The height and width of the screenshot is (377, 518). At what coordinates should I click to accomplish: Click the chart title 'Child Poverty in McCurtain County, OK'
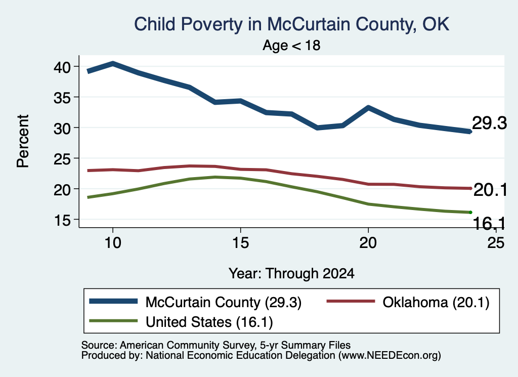pos(291,24)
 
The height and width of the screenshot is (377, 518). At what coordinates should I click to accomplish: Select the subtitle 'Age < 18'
pos(291,45)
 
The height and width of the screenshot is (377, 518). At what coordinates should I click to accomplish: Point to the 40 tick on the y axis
pos(62,67)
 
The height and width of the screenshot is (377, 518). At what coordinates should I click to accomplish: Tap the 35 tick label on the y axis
pos(62,98)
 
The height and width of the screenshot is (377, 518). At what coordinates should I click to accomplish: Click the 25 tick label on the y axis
pos(62,159)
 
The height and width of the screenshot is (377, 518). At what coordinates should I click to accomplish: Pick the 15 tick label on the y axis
pos(62,220)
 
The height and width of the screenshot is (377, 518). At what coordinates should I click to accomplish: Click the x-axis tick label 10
pos(113,243)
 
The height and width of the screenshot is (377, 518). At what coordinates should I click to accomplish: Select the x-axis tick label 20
pos(368,243)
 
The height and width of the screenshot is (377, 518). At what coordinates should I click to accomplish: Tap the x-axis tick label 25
pos(496,243)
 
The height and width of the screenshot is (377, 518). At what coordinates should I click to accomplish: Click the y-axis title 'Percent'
pos(23,141)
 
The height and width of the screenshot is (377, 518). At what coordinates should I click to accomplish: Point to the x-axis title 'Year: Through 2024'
pos(291,274)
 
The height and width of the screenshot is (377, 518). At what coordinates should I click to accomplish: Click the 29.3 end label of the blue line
pos(489,123)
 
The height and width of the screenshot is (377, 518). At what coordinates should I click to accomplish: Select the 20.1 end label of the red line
pos(490,190)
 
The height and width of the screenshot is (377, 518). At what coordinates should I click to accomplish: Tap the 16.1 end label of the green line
pos(489,224)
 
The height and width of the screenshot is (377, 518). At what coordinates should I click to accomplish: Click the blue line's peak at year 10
pos(113,63)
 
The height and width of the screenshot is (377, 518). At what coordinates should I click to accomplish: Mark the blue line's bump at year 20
pos(368,107)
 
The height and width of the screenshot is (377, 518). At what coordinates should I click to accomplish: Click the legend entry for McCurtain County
pos(195,302)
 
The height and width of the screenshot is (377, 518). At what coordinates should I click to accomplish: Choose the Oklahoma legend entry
pos(408,302)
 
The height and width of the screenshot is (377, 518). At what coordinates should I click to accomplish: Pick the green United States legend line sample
pos(113,321)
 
